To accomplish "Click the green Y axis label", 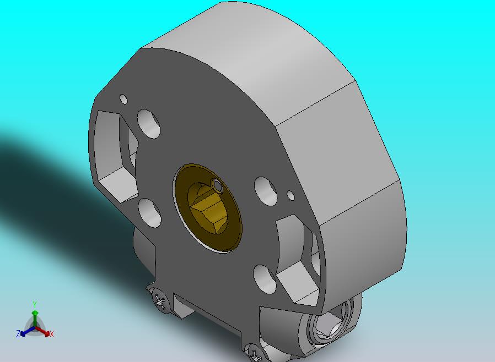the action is (x=35, y=304).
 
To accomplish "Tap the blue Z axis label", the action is (x=18, y=333).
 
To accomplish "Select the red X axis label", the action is (x=52, y=334).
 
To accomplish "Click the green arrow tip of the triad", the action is (x=35, y=313).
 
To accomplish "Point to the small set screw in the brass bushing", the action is (x=217, y=185).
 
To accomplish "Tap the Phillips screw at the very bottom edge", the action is (x=256, y=354).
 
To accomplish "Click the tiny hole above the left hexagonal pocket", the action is (x=123, y=99).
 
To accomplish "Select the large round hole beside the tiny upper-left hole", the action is (x=149, y=123).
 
